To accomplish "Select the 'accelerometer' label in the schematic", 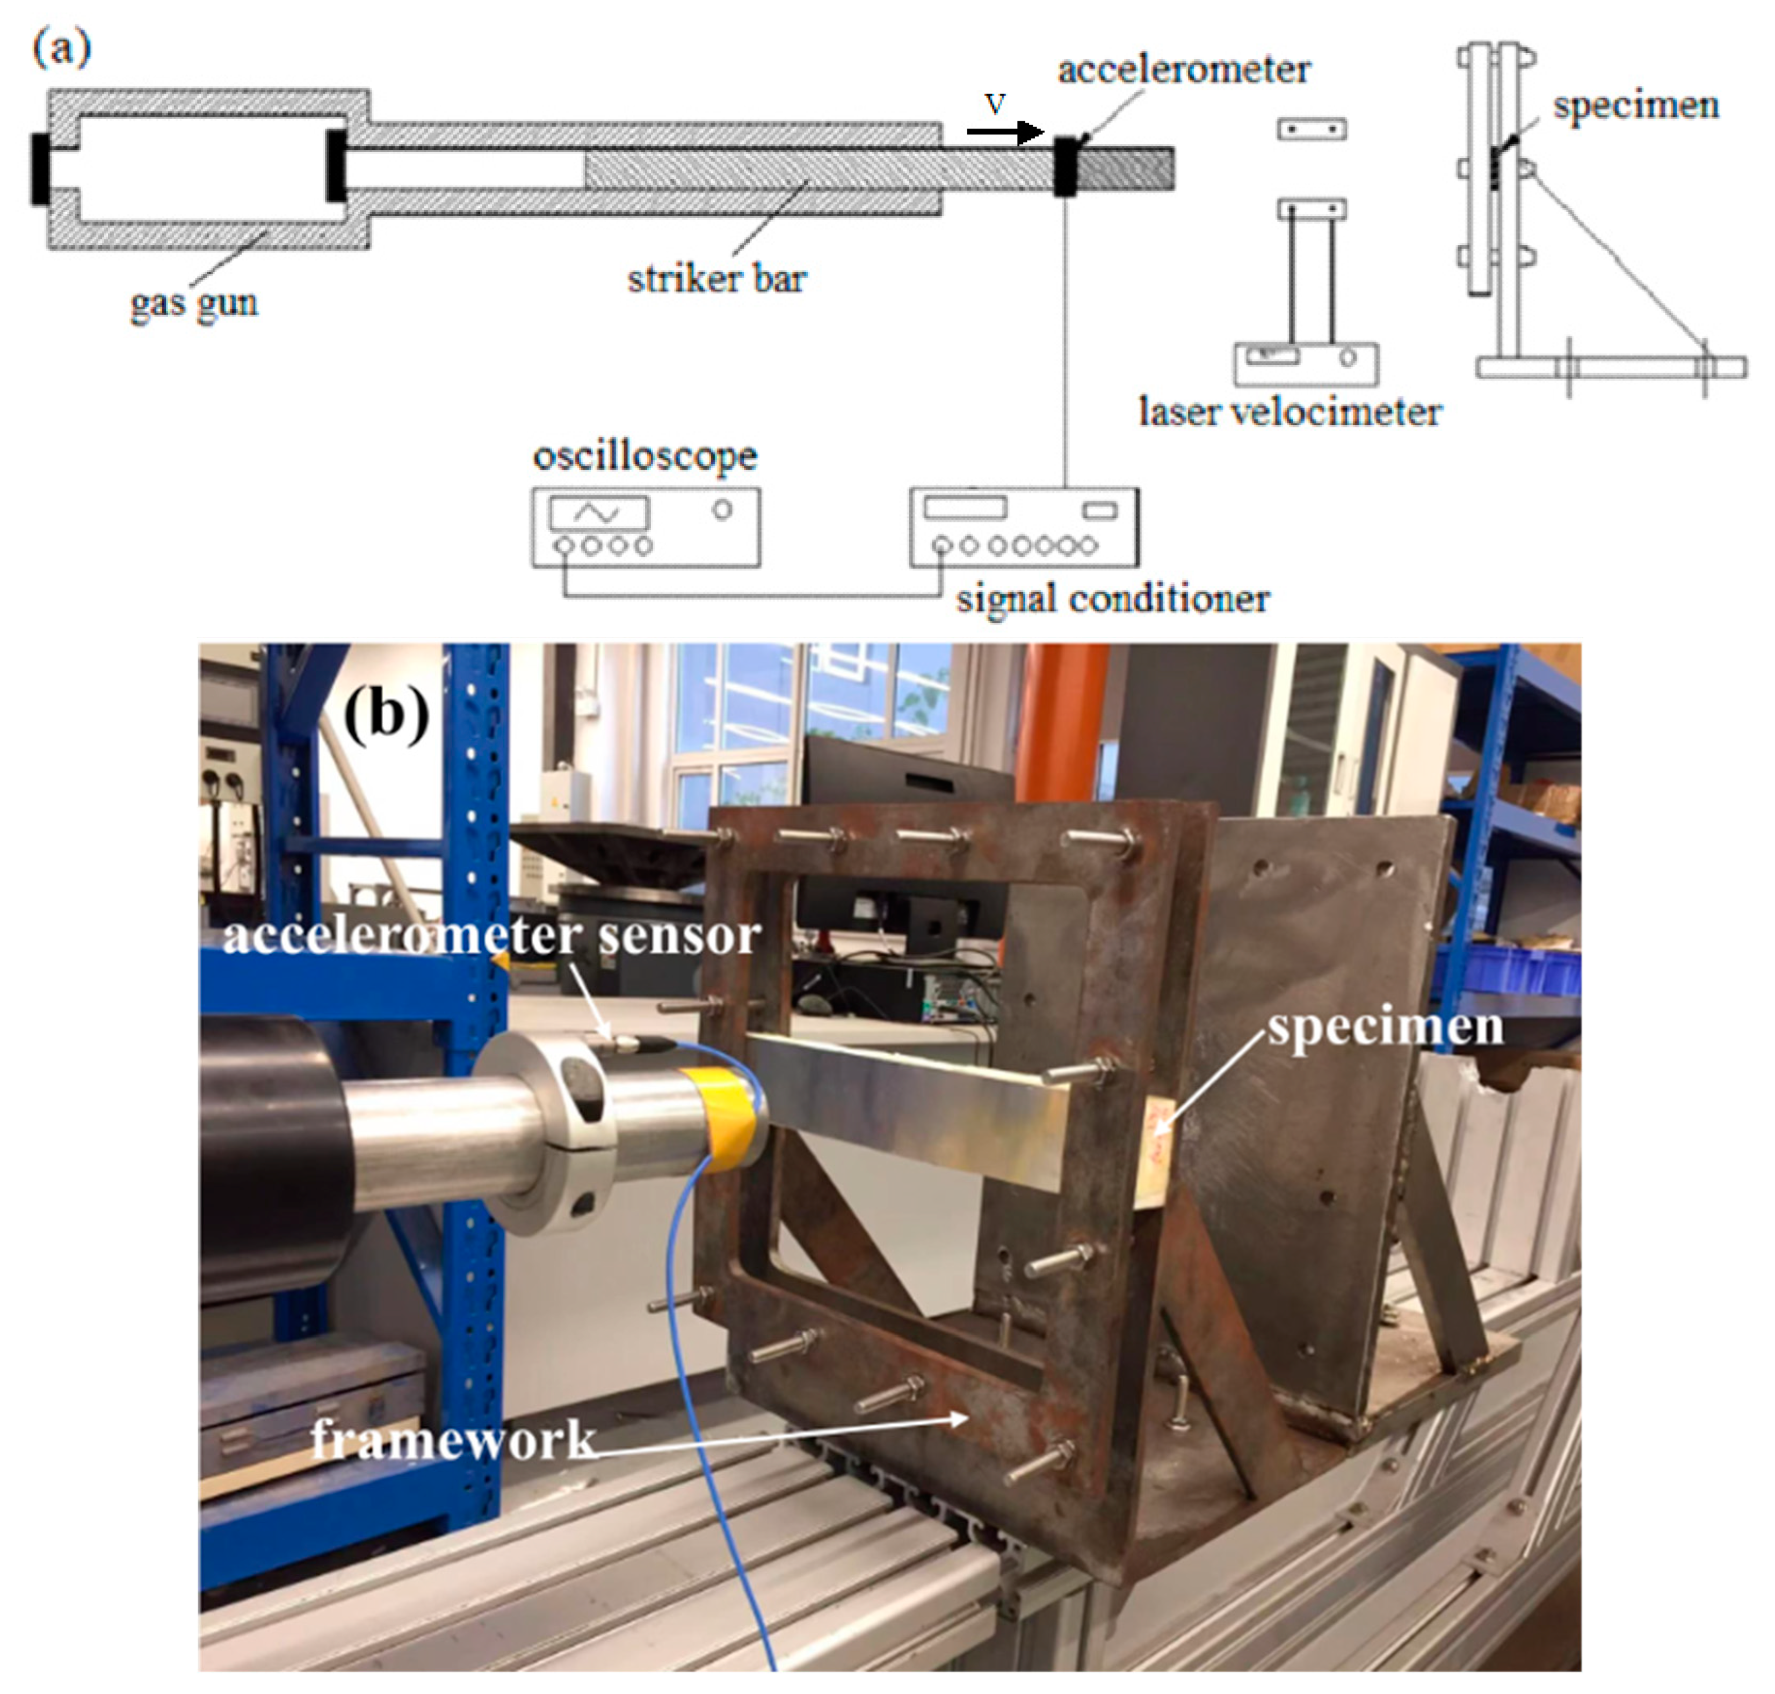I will click(1183, 69).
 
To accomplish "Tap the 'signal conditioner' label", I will click(1113, 599).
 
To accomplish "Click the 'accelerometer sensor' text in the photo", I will click(490, 935).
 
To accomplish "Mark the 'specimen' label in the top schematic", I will click(1635, 106).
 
